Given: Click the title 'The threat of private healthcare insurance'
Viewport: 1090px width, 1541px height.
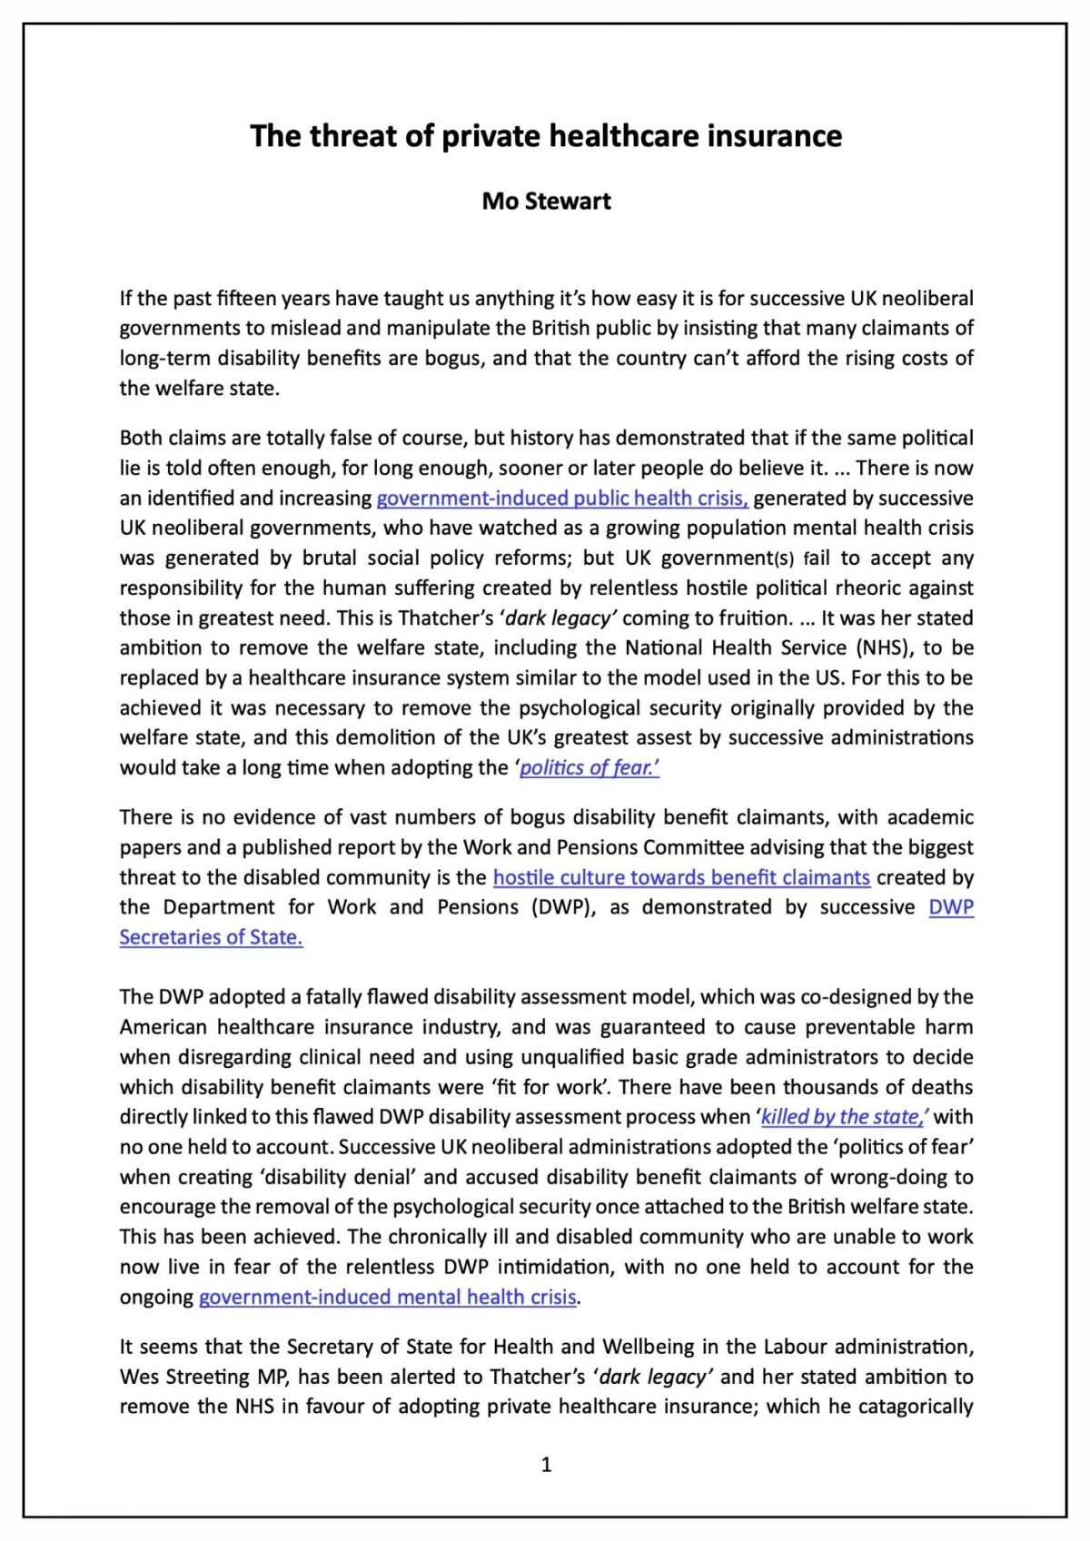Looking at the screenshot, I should [x=546, y=136].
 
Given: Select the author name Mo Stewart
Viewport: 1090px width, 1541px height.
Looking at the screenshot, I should [x=546, y=201].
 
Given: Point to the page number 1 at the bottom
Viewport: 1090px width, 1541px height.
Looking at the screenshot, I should [x=546, y=1464].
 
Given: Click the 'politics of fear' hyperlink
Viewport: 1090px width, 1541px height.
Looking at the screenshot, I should [x=589, y=767].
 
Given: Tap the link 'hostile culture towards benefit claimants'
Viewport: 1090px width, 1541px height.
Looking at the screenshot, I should [x=681, y=877].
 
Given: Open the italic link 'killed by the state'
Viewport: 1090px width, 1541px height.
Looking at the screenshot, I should [x=843, y=1117].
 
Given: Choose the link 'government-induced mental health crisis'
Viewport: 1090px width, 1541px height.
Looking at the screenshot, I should [x=388, y=1297].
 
